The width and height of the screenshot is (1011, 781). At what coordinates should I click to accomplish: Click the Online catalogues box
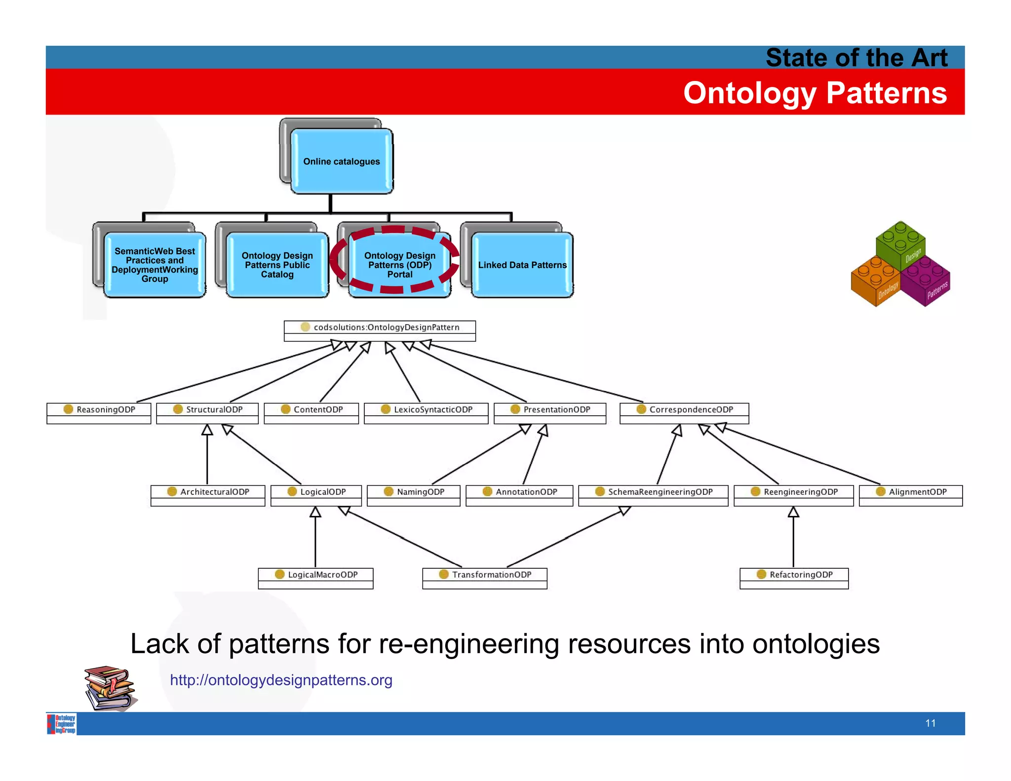click(341, 161)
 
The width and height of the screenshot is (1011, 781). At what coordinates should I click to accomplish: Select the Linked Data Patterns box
click(522, 265)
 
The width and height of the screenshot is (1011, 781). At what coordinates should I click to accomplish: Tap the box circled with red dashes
click(399, 265)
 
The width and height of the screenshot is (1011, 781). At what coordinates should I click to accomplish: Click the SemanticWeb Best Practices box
click(155, 265)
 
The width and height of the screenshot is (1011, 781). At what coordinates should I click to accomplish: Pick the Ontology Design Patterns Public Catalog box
click(277, 265)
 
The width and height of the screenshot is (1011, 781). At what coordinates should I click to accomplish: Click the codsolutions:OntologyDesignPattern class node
click(380, 328)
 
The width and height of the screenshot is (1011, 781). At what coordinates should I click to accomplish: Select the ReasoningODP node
click(99, 410)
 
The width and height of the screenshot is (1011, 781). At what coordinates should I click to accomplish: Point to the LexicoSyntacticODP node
click(426, 410)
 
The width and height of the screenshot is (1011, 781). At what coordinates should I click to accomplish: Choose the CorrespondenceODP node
click(684, 410)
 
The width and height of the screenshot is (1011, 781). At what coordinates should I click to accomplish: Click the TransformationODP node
click(485, 575)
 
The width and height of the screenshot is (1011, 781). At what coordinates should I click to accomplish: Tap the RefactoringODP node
click(794, 575)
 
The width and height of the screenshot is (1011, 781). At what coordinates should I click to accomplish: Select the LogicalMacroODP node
click(315, 575)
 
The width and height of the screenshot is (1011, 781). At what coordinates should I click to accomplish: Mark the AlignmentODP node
click(911, 492)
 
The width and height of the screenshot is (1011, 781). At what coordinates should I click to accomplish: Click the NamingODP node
click(414, 492)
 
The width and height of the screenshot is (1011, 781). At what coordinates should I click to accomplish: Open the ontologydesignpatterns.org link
click(281, 680)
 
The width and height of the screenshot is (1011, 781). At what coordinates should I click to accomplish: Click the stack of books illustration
click(110, 688)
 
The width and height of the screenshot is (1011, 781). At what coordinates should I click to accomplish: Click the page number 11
click(931, 723)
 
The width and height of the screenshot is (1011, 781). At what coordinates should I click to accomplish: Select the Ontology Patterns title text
click(815, 93)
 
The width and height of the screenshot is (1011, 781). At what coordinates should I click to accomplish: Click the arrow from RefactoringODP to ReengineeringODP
click(793, 538)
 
